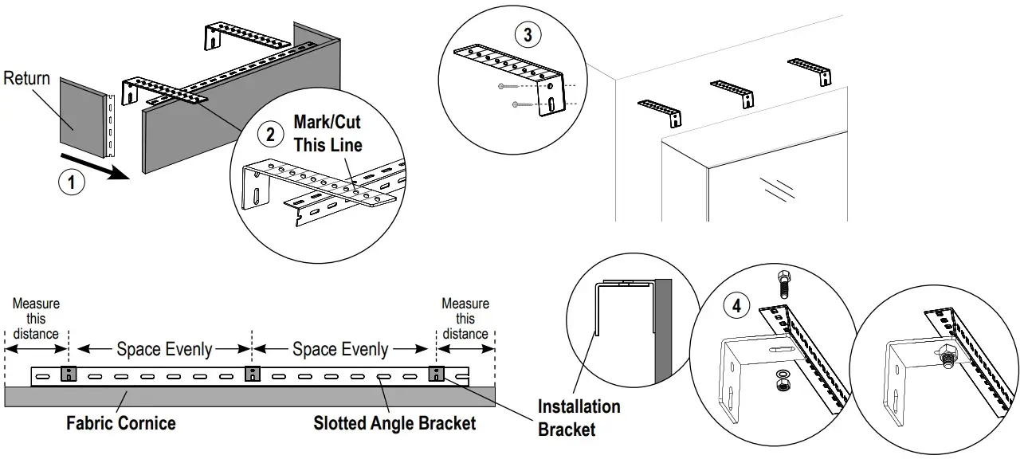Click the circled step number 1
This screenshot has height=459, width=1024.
(72, 182)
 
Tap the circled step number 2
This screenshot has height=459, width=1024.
(270, 135)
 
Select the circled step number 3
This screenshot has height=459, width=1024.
(528, 35)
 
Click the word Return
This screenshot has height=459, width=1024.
(27, 78)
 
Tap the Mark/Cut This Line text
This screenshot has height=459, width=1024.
(328, 133)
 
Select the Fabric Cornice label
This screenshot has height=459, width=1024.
(121, 423)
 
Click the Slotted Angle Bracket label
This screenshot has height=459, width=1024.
(394, 423)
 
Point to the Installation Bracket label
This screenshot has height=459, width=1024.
(579, 418)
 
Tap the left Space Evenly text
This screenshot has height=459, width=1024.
(164, 349)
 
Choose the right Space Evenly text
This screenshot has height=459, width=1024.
(340, 349)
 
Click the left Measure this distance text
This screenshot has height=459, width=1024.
(36, 319)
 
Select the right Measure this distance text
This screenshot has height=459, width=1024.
(465, 319)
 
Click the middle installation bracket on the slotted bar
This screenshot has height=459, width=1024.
(253, 374)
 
